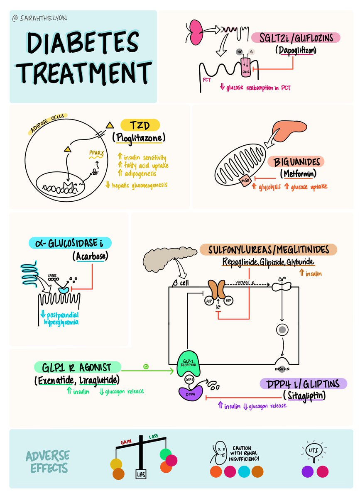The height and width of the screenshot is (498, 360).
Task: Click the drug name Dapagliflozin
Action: click(295, 50)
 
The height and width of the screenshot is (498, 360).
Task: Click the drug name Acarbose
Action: click(92, 256)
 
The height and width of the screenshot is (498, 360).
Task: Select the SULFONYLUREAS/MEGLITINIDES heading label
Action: click(268, 249)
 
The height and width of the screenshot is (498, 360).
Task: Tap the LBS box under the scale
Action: click(140, 474)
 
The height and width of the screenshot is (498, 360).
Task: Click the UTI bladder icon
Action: click(313, 452)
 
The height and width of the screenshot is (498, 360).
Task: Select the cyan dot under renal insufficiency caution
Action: click(244, 471)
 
